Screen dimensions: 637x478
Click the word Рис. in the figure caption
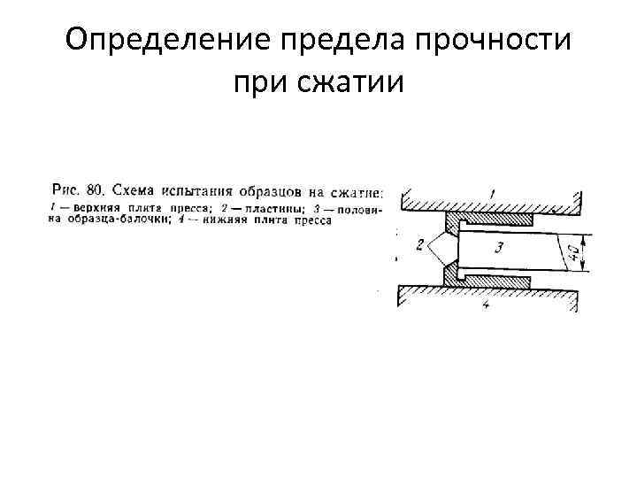point(67,189)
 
